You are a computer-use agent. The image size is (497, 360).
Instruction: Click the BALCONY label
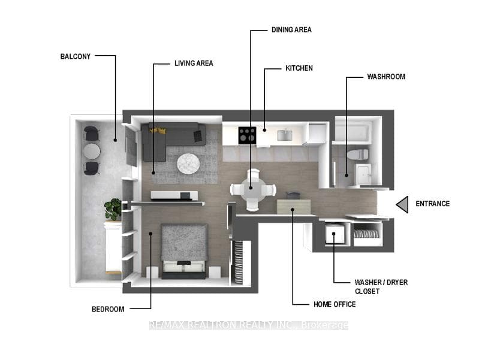[x=76, y=57]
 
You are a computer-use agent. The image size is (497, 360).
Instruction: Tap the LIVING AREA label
[x=194, y=63]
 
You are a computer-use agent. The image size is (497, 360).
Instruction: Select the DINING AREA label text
[x=291, y=30]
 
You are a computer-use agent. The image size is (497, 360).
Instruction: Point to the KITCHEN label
[x=299, y=68]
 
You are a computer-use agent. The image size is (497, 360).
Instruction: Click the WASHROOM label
[x=386, y=77]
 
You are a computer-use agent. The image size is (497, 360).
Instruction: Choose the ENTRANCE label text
[x=433, y=204]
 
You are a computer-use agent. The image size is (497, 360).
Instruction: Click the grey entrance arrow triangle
[x=402, y=204]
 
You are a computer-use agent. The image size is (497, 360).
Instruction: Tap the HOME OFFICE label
[x=335, y=304]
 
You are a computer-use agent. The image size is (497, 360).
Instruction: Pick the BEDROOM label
[x=108, y=309]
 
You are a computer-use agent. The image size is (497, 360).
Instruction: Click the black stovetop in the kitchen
[x=247, y=135]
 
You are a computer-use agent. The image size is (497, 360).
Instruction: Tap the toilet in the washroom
[x=358, y=155]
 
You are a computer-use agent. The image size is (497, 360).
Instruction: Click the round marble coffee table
[x=188, y=164]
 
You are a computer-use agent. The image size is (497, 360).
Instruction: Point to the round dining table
[x=253, y=190]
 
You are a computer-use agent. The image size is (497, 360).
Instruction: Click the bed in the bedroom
[x=184, y=251]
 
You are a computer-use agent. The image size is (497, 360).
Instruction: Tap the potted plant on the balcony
[x=113, y=209]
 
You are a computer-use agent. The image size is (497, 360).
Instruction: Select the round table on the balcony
[x=92, y=152]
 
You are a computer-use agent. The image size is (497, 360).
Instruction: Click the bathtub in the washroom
[x=353, y=131]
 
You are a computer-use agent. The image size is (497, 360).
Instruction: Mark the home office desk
[x=294, y=207]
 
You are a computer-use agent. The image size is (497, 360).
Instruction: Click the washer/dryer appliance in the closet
[x=335, y=234]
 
